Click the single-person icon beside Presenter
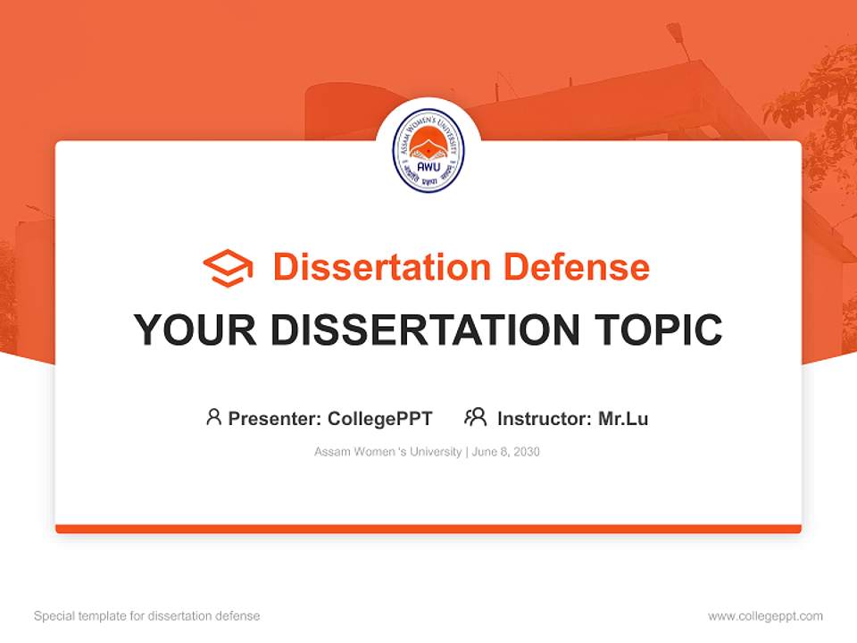(x=213, y=417)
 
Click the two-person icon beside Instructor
(x=476, y=417)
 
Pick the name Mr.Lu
(x=623, y=418)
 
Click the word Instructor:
(x=545, y=418)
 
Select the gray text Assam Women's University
(x=387, y=452)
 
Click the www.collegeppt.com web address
(x=765, y=616)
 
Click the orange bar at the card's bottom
(x=428, y=529)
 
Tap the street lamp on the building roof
(x=676, y=32)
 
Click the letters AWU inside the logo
(x=428, y=165)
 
